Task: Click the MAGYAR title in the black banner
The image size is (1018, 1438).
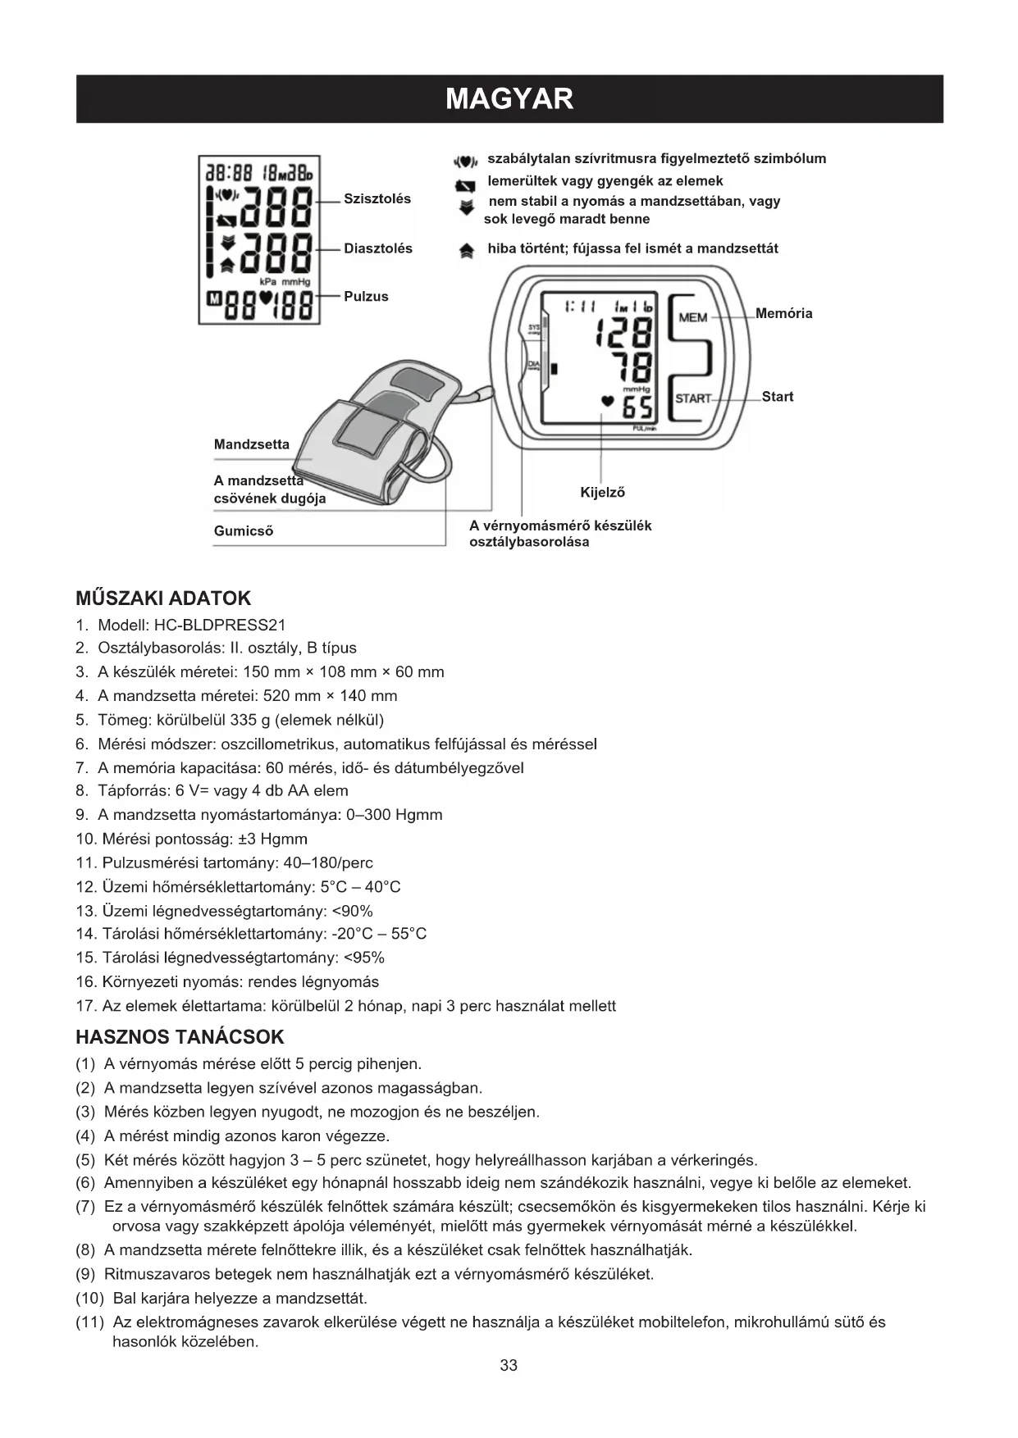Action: click(x=509, y=99)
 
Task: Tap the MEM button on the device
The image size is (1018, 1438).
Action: click(x=693, y=317)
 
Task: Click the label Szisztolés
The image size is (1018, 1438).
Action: click(x=377, y=199)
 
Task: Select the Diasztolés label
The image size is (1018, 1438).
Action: click(x=378, y=248)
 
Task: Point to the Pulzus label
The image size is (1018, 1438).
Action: click(x=366, y=297)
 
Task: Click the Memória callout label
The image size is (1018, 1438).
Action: click(x=783, y=313)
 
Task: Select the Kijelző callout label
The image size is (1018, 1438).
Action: click(x=602, y=493)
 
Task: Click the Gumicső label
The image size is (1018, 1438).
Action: click(x=244, y=531)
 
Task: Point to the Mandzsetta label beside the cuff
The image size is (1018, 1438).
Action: click(x=252, y=444)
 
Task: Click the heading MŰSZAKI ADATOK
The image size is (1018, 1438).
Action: click(x=163, y=598)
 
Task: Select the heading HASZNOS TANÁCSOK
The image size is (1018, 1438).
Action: click(x=180, y=1037)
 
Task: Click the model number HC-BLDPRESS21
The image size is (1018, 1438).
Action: click(x=220, y=625)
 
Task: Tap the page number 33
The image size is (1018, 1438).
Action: click(x=509, y=1365)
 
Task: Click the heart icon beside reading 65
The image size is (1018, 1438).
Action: click(x=607, y=402)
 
